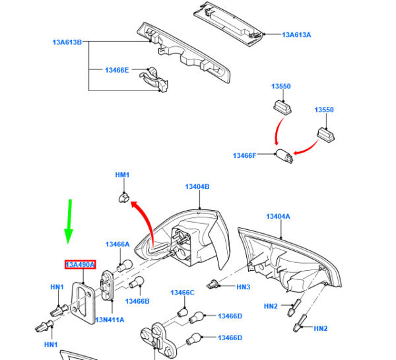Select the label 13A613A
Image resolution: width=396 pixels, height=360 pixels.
click(x=296, y=35)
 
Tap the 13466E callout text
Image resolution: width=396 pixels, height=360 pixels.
click(x=117, y=69)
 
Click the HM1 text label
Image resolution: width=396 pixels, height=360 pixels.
click(x=123, y=175)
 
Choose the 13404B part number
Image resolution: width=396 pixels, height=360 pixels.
click(x=197, y=188)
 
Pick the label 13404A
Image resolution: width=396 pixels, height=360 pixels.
click(x=278, y=217)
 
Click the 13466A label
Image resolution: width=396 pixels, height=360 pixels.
click(x=119, y=244)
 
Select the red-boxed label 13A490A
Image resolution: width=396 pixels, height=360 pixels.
click(x=80, y=265)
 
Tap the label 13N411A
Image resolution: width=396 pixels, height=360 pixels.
click(x=110, y=320)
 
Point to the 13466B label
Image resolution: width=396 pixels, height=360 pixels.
click(x=137, y=301)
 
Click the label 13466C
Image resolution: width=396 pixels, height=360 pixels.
click(x=182, y=293)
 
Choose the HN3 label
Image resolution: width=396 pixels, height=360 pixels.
click(x=244, y=287)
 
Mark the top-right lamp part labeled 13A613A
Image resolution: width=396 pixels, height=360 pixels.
click(x=228, y=20)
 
